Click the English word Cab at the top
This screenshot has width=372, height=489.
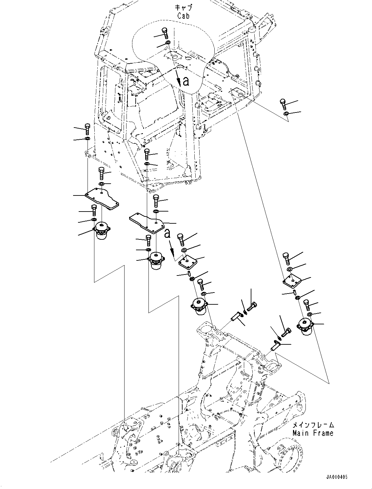tap(183, 16)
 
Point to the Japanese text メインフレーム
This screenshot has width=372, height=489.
tap(313, 425)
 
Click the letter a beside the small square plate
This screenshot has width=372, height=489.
tap(167, 233)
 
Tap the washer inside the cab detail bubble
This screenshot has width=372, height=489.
tap(167, 43)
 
